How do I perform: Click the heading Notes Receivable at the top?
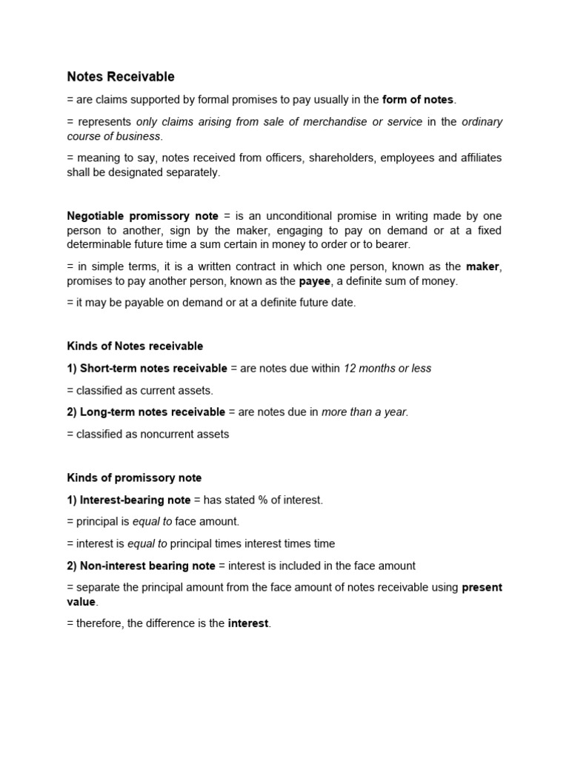click(x=121, y=77)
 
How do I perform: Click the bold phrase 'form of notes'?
click(x=419, y=100)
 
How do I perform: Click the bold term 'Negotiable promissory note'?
click(x=142, y=216)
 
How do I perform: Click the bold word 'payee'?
click(x=315, y=281)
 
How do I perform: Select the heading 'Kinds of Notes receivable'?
click(x=135, y=346)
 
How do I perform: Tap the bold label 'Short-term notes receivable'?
click(x=153, y=369)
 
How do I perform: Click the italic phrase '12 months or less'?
click(x=387, y=369)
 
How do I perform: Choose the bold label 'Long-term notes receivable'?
click(x=152, y=412)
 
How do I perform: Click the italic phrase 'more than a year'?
click(x=364, y=412)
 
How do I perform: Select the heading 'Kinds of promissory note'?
click(x=134, y=478)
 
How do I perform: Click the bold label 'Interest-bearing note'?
click(x=135, y=500)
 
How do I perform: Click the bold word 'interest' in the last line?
click(x=248, y=624)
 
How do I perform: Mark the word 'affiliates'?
click(x=478, y=158)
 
